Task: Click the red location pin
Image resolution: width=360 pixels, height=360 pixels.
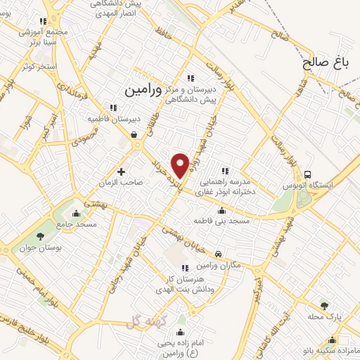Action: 181,165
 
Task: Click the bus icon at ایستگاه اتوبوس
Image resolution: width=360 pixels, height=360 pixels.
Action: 307,174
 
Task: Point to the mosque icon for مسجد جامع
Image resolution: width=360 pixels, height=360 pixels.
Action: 77,213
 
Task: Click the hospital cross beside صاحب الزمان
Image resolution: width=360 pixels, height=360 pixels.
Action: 121,171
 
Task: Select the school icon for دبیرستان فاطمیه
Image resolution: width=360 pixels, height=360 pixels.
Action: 112,108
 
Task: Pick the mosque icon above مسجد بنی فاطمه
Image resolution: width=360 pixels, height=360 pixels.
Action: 222,210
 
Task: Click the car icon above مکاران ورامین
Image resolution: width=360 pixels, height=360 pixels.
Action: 219,252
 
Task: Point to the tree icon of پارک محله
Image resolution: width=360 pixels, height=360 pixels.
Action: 323,306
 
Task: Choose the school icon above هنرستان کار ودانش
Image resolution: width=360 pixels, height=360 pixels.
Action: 185,268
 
